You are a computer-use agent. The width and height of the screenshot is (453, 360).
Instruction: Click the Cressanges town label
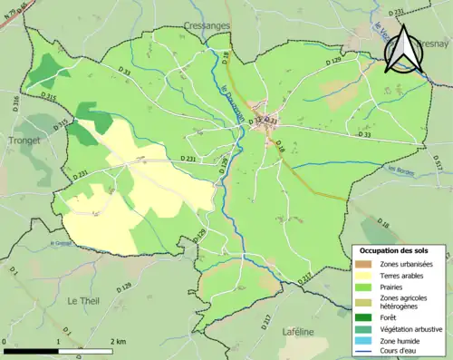point(209,26)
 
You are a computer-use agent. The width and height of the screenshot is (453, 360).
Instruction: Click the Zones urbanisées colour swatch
point(363,263)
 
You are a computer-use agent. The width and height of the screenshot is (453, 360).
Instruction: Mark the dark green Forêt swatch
point(363,316)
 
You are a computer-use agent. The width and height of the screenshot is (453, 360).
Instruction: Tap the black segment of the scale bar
point(32,350)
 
